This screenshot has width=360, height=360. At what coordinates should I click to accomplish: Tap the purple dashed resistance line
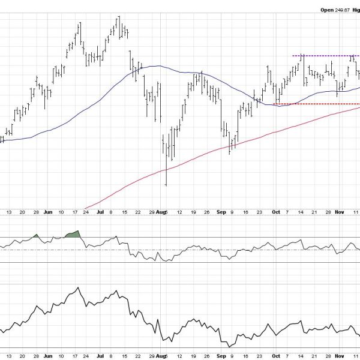pyautogui.click(x=324, y=56)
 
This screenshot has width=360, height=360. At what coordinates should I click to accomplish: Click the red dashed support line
pyautogui.click(x=312, y=104)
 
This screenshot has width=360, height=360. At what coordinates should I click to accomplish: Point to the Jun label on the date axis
pyautogui.click(x=48, y=212)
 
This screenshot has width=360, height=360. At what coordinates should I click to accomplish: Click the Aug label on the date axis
pyautogui.click(x=164, y=212)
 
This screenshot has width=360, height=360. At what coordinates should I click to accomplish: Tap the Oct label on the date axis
pyautogui.click(x=275, y=212)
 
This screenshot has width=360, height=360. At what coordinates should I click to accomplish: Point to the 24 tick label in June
pyautogui.click(x=86, y=212)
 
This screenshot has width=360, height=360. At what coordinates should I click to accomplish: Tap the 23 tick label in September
pyautogui.click(x=259, y=212)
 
